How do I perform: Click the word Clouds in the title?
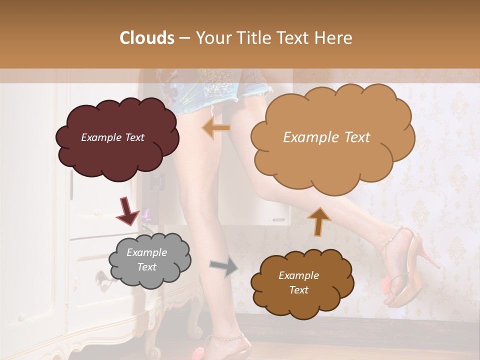click(146, 38)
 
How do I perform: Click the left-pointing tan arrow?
click(216, 128)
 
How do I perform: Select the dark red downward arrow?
click(128, 210)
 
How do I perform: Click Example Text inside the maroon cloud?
click(112, 137)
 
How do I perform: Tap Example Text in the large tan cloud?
click(326, 137)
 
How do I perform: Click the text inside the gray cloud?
click(146, 259)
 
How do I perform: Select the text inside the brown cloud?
click(298, 282)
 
